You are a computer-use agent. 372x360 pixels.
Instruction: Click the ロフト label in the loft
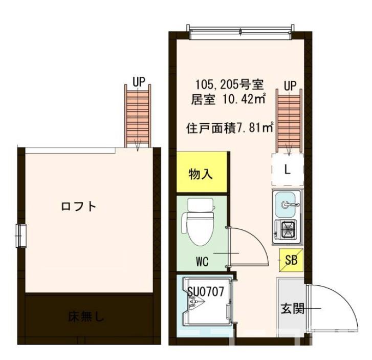[78, 207]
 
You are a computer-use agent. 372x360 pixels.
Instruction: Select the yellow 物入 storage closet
[201, 174]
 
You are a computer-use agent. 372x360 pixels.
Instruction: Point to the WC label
[202, 262]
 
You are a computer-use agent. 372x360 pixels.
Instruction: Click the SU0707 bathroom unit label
[205, 291]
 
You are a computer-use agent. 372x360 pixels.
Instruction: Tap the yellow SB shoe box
[291, 261]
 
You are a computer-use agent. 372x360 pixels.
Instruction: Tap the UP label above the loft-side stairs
[139, 80]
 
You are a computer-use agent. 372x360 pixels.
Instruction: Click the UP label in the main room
[290, 85]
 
